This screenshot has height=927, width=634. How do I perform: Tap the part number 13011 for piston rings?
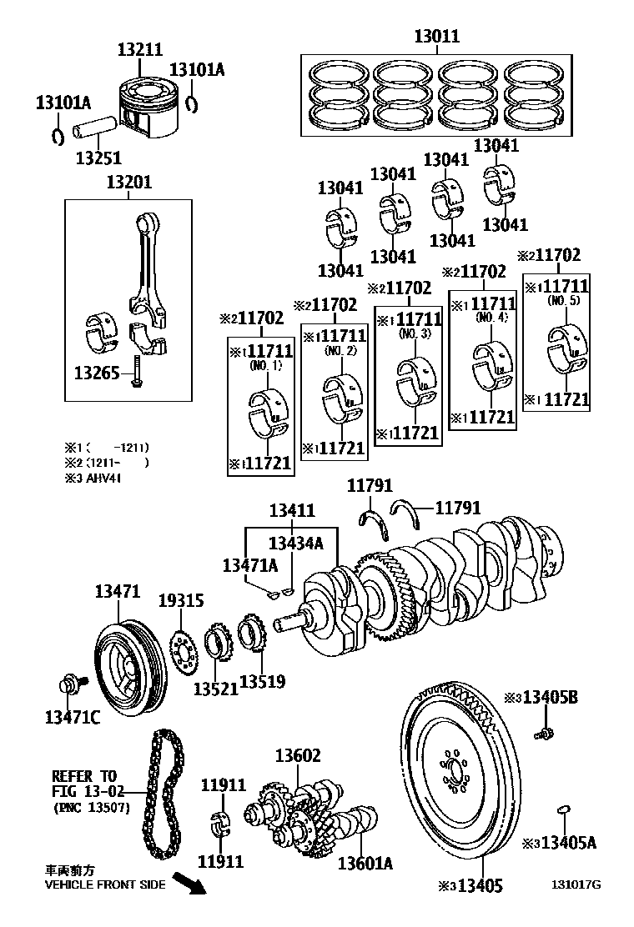(437, 37)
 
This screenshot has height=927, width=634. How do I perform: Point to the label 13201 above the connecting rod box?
(128, 183)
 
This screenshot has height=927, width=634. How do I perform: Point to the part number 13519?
(262, 682)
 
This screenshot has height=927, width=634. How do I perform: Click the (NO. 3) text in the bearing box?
(414, 333)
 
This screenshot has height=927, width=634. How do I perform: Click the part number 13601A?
(365, 864)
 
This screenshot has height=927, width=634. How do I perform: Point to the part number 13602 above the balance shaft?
(298, 756)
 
